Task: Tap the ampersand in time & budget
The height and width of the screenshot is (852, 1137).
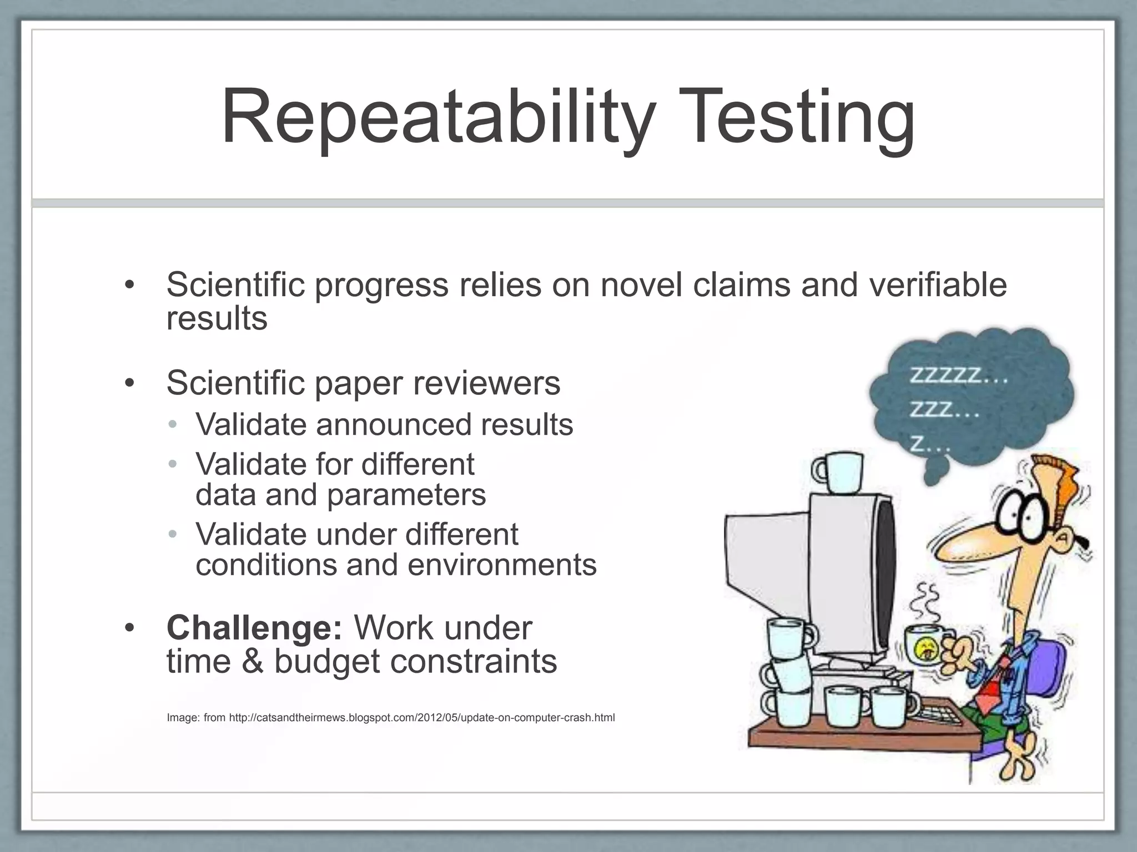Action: (x=253, y=662)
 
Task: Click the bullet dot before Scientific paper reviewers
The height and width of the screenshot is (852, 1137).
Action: (x=129, y=383)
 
